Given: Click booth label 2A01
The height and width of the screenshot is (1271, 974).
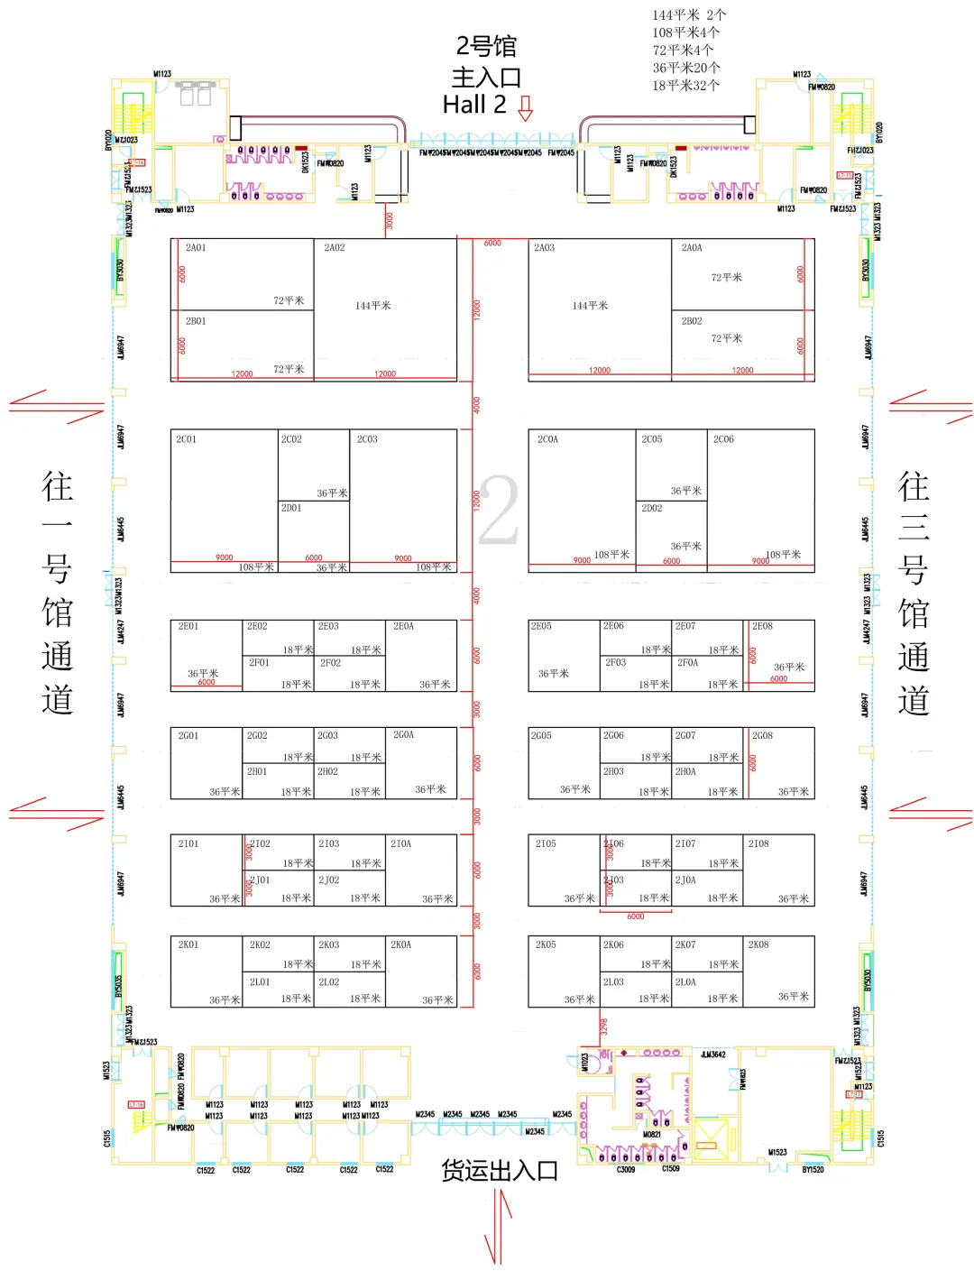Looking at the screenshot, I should pyautogui.click(x=196, y=248).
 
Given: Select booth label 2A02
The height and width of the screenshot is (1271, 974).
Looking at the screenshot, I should pyautogui.click(x=335, y=248).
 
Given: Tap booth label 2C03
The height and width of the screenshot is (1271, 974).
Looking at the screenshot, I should pyautogui.click(x=367, y=440).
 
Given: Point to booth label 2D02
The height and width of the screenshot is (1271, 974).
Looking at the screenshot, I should pyautogui.click(x=652, y=509).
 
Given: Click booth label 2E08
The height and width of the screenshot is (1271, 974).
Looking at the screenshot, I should pyautogui.click(x=763, y=626).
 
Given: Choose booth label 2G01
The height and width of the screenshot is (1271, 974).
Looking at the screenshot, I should pyautogui.click(x=188, y=736).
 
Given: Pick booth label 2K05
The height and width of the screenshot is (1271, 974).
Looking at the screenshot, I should pyautogui.click(x=546, y=945).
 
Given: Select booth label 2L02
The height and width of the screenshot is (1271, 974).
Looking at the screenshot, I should pyautogui.click(x=329, y=982).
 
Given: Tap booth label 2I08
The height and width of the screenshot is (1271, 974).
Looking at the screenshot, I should pyautogui.click(x=758, y=844).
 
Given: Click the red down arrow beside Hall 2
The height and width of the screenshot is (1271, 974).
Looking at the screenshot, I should pyautogui.click(x=526, y=109).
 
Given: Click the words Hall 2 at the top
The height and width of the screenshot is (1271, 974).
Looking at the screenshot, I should pyautogui.click(x=474, y=106).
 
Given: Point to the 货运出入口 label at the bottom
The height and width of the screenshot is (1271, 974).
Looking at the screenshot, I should pyautogui.click(x=500, y=1171).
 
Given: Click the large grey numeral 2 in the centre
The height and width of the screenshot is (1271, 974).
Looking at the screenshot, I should pyautogui.click(x=499, y=511).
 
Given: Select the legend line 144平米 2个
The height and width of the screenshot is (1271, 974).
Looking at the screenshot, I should pyautogui.click(x=689, y=15).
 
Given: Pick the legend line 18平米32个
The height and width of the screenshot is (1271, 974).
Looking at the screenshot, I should pyautogui.click(x=686, y=86).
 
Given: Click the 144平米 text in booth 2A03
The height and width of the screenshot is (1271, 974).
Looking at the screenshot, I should pyautogui.click(x=590, y=306).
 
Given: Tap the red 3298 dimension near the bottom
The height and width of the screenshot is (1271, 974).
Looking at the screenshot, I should pyautogui.click(x=605, y=1027).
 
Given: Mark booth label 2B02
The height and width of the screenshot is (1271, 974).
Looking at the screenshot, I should pyautogui.click(x=692, y=321).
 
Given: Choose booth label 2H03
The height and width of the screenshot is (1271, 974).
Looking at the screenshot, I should pyautogui.click(x=613, y=772).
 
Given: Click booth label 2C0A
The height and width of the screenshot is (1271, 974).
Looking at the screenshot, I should pyautogui.click(x=547, y=440).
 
